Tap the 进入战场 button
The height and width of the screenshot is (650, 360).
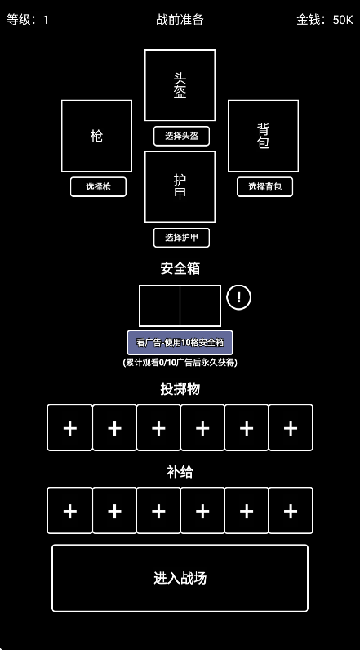(x=180, y=578)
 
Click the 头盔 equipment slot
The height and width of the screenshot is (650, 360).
(x=180, y=85)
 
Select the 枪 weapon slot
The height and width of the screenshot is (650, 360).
(x=96, y=135)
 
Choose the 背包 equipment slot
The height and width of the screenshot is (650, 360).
(x=264, y=135)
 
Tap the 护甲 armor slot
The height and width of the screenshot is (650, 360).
(x=180, y=186)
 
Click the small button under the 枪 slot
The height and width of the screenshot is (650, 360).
(x=98, y=186)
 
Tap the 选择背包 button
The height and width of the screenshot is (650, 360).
(x=265, y=186)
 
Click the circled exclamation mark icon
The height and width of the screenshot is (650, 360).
(x=239, y=297)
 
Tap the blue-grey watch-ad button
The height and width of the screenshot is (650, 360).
(x=180, y=342)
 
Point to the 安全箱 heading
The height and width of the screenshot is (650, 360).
(x=180, y=268)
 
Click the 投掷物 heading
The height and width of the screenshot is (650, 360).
(x=180, y=388)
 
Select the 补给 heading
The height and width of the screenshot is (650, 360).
(x=180, y=471)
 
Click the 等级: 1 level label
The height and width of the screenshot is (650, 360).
(x=28, y=19)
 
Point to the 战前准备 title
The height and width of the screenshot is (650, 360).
(x=180, y=19)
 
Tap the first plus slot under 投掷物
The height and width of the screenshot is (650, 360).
(x=70, y=428)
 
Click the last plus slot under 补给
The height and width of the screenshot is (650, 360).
(x=290, y=511)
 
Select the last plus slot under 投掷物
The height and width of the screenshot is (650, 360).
(x=290, y=428)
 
